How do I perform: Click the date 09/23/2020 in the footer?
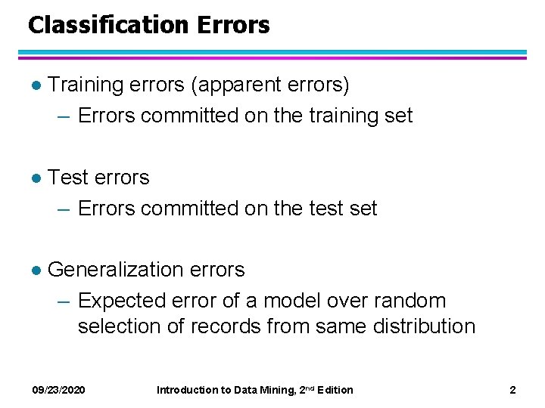coord(58,390)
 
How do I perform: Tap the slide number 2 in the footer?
coord(512,390)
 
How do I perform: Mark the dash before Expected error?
coord(66,301)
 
